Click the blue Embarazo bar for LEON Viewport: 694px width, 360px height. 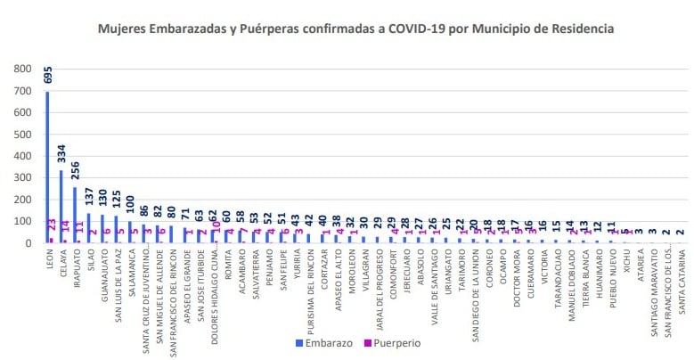[x=47, y=169]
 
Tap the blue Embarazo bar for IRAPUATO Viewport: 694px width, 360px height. [x=75, y=215]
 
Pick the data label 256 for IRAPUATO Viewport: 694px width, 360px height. [x=76, y=171]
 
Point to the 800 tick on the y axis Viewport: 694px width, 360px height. [x=24, y=70]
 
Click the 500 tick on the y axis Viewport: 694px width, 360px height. [x=24, y=135]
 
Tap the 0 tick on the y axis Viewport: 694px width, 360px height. [x=30, y=242]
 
